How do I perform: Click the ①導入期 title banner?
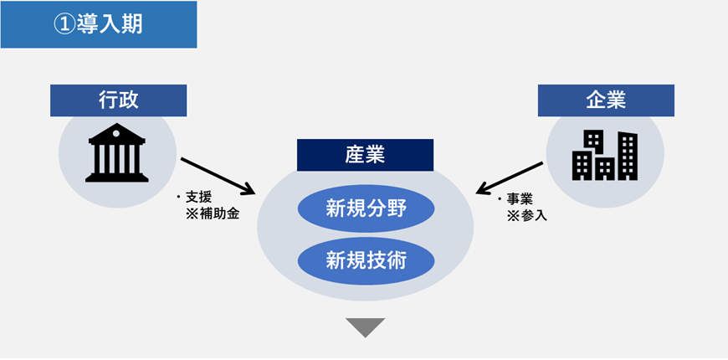pyautogui.click(x=99, y=24)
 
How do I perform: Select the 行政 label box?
pyautogui.click(x=118, y=100)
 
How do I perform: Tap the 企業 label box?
pyautogui.click(x=606, y=100)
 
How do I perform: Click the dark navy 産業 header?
pyautogui.click(x=365, y=155)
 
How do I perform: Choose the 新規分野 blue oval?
pyautogui.click(x=366, y=207)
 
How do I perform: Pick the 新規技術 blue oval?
pyautogui.click(x=366, y=260)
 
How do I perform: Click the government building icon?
pyautogui.click(x=117, y=153)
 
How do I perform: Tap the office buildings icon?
pyautogui.click(x=604, y=155)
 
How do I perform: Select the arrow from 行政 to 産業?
pyautogui.click(x=218, y=174)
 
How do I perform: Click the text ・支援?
pyautogui.click(x=195, y=198)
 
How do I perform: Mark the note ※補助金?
pyautogui.click(x=211, y=213)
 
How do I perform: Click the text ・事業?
pyautogui.click(x=515, y=199)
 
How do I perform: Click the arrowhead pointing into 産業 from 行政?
pyautogui.click(x=249, y=188)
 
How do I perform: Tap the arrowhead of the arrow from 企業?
pyautogui.click(x=481, y=188)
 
